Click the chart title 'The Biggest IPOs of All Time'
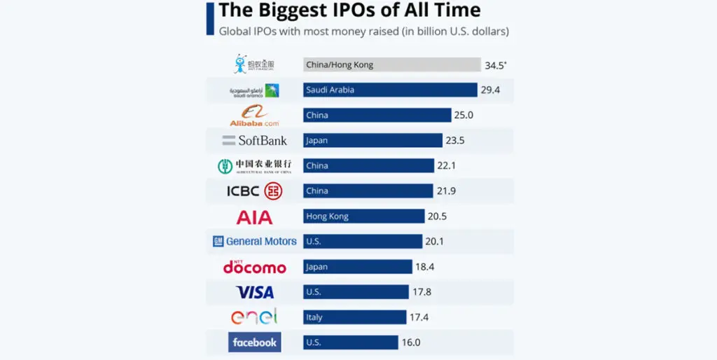[x=349, y=11]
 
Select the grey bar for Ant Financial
[x=391, y=64]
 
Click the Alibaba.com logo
[x=254, y=116]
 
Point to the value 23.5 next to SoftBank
[x=454, y=141]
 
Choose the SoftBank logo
[x=255, y=141]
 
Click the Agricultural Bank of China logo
[x=254, y=166]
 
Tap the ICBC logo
[x=254, y=191]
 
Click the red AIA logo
[x=254, y=217]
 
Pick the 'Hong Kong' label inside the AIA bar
[x=327, y=216]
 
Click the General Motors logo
[x=255, y=242]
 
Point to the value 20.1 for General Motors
[x=434, y=242]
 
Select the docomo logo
[x=254, y=267]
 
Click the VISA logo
[x=255, y=292]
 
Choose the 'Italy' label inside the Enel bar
[x=314, y=317]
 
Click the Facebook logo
[x=254, y=342]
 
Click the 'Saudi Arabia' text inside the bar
[x=330, y=90]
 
